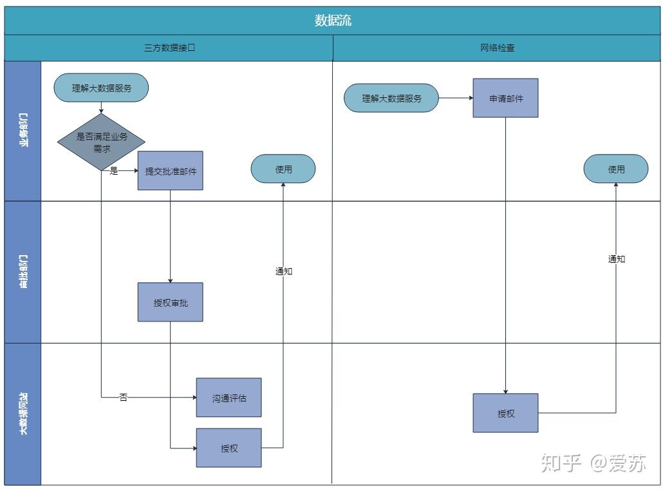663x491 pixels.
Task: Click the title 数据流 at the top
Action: coord(333,21)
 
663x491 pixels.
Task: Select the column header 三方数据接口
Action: coord(169,48)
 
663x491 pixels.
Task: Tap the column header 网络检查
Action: coord(498,48)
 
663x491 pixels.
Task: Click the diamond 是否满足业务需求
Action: coord(101,142)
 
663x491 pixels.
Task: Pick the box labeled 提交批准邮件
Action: coord(171,171)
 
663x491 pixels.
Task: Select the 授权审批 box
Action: coord(171,302)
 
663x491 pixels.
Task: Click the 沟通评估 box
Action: coord(229,398)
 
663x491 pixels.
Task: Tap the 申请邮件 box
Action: coord(505,98)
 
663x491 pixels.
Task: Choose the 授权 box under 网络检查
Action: coord(505,413)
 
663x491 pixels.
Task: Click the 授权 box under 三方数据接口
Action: coord(229,448)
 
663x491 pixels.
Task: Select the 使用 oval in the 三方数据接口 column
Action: coord(283,169)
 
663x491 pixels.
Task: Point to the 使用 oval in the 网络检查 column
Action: coord(616,169)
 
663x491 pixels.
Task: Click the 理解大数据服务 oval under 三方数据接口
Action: coord(101,88)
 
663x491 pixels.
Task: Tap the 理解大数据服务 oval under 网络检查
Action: coord(391,99)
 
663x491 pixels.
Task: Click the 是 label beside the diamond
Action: coord(114,171)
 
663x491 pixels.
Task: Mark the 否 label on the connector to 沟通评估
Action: coord(124,398)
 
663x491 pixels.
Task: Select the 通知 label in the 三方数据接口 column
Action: coord(284,271)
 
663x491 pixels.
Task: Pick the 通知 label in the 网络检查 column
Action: coord(617,259)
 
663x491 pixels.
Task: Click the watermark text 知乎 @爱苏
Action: coord(593,463)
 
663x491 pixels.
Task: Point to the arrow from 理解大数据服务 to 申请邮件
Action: coord(456,98)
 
